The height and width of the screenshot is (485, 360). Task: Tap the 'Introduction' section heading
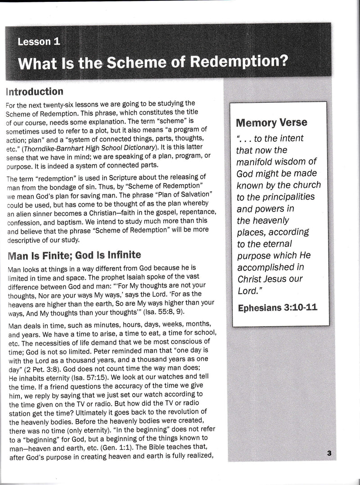[x=34, y=92]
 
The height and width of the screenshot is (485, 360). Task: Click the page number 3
[x=329, y=454]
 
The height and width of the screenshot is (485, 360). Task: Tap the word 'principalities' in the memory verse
[x=281, y=197]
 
